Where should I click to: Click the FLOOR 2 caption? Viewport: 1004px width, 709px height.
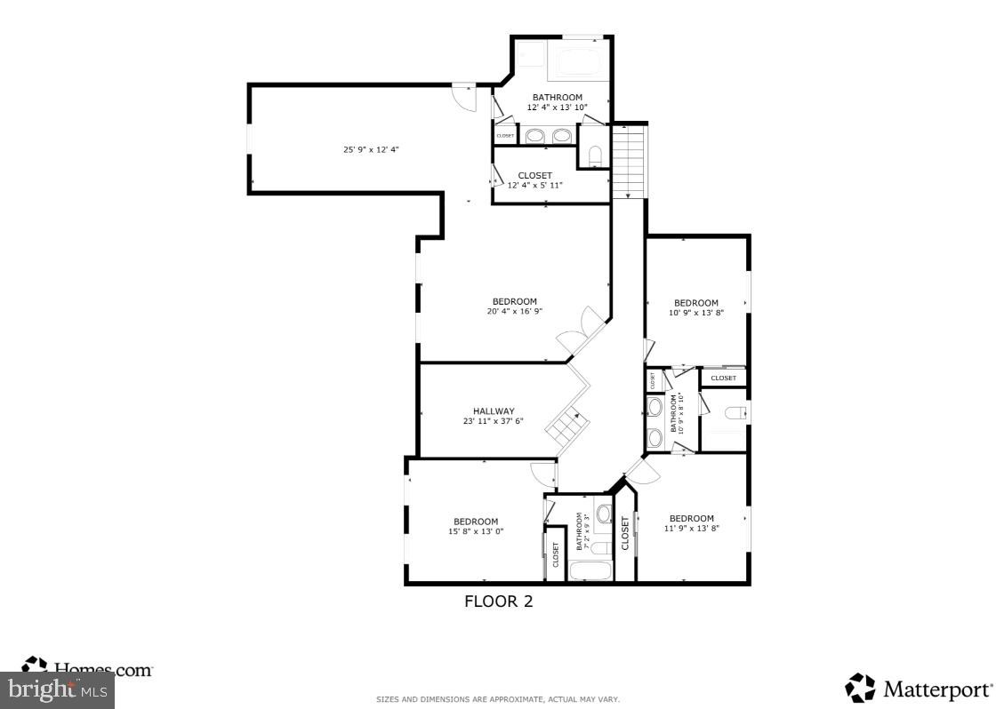[x=498, y=601]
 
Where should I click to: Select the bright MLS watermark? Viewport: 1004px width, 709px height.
[x=58, y=689]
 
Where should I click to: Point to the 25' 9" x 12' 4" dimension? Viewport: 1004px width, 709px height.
[x=371, y=149]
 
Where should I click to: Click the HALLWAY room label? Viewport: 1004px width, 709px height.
[x=493, y=416]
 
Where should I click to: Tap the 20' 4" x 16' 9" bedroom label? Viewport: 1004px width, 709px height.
[x=514, y=307]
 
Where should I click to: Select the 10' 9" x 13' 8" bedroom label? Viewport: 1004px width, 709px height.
[x=695, y=307]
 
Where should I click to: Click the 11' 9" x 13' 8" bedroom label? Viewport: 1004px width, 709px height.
[x=691, y=523]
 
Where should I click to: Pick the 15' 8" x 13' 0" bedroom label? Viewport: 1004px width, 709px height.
[x=476, y=526]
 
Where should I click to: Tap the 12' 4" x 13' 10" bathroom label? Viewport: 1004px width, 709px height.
[x=557, y=102]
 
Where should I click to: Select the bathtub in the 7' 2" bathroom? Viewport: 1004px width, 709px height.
[x=589, y=570]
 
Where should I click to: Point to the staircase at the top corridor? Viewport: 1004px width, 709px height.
[x=629, y=162]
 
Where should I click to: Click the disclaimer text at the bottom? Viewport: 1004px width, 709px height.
[x=498, y=699]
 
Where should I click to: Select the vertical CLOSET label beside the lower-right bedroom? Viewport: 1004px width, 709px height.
[x=625, y=534]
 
